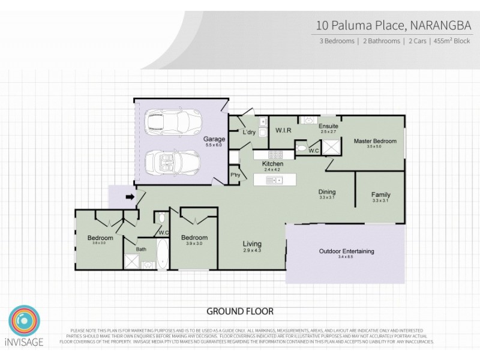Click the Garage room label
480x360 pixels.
point(214,139)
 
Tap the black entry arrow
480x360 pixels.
point(129,196)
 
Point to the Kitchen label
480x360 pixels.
point(272,163)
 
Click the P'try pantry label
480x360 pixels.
point(235,175)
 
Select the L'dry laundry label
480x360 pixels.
point(249,131)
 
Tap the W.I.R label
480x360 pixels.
point(283,130)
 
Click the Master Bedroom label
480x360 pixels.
point(375,141)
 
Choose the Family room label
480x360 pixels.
point(380,194)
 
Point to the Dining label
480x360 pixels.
point(327,192)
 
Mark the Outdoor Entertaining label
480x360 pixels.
point(346,251)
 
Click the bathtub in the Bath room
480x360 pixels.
point(163,254)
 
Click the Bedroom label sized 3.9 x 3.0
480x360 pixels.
point(194,238)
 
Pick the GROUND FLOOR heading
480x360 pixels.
point(240,311)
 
